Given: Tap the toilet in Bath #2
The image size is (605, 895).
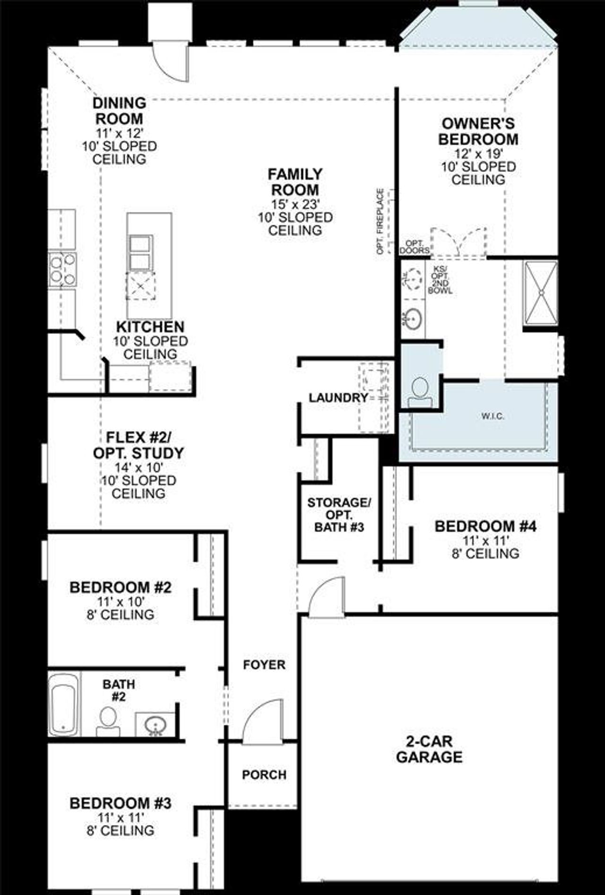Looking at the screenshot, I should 108,720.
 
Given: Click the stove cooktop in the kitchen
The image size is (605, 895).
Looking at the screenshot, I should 62,269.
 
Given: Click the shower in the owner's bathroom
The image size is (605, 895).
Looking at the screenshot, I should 540,293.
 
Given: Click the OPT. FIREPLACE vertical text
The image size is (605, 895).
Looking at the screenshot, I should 380,222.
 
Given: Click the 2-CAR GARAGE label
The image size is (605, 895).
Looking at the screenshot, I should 429,749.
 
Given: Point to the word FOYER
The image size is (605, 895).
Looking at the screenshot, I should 264,665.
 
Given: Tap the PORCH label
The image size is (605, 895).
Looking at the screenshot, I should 264,775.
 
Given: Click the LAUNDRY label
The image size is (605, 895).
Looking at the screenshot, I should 338,398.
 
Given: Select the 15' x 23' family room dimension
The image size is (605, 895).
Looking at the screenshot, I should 295,205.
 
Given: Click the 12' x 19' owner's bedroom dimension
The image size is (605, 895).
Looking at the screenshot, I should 478,154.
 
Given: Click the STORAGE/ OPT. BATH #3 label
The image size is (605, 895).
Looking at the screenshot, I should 339,515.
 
